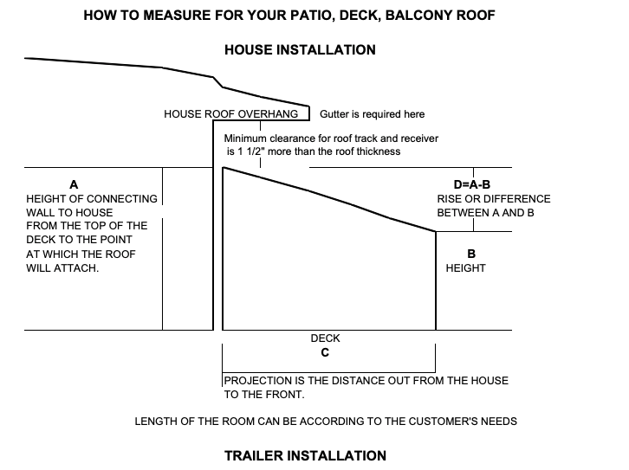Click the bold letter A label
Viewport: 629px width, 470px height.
(x=74, y=184)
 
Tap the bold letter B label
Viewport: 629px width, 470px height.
(x=471, y=254)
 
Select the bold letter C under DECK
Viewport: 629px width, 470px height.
(x=324, y=353)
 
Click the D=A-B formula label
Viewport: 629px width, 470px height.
(x=472, y=184)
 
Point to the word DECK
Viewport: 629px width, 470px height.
(x=325, y=339)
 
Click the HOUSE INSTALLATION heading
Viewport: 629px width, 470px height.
(x=300, y=50)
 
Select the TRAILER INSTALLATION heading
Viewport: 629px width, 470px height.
(x=305, y=455)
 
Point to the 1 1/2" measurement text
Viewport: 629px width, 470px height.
(x=263, y=151)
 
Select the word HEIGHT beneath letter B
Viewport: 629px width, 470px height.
(x=466, y=268)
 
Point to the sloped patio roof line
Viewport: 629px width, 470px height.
(x=329, y=199)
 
